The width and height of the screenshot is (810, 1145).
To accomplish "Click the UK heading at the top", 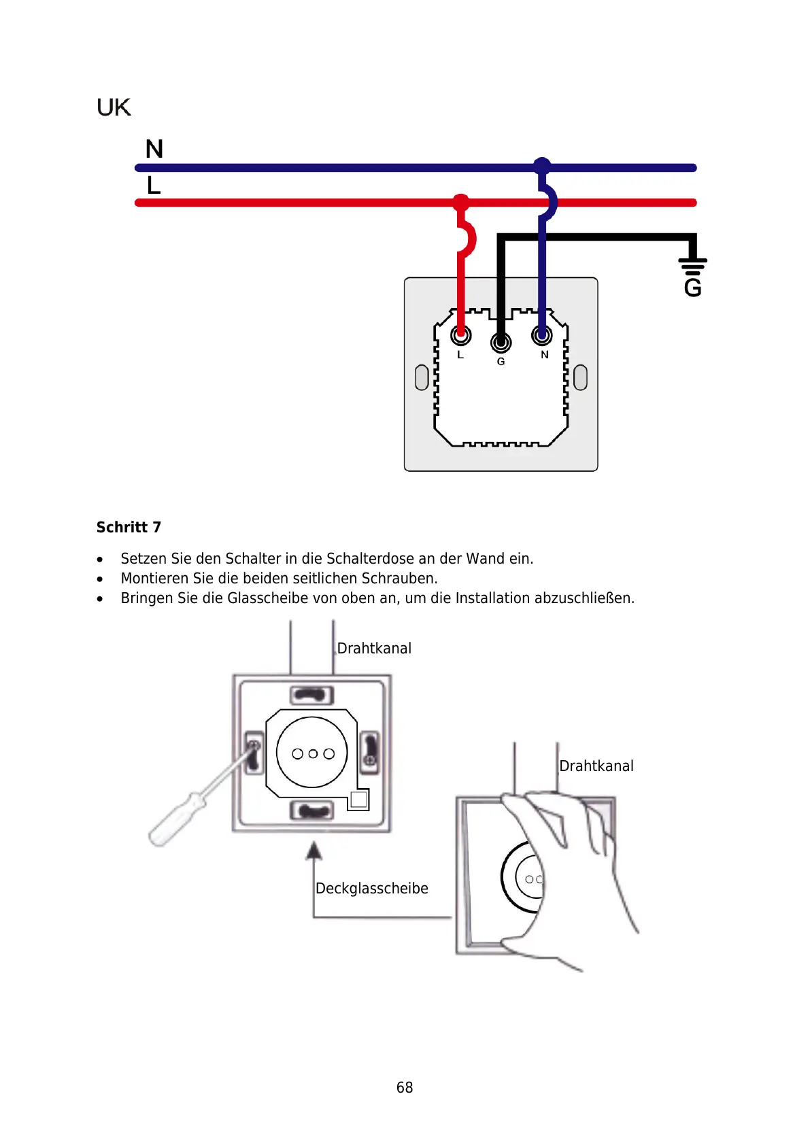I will [113, 107].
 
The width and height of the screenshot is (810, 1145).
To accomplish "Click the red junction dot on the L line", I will [461, 202].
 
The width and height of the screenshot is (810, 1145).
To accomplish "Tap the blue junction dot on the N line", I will [542, 166].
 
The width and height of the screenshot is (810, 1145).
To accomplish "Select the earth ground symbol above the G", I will [692, 267].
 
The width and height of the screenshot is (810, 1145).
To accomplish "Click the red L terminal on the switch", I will [461, 335].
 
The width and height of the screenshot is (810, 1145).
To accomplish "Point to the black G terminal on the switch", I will [501, 342].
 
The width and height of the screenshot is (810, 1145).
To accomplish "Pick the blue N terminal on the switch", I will [542, 335].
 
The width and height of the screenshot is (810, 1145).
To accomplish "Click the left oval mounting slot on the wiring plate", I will [422, 377].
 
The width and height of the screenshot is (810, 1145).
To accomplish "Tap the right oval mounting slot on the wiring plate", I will [580, 377].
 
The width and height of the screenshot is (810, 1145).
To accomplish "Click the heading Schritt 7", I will [129, 527].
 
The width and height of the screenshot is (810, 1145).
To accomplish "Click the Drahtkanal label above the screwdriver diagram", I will [374, 648].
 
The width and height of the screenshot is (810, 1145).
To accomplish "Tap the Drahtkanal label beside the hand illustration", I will [596, 766].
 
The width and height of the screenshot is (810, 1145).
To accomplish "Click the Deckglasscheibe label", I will [371, 888].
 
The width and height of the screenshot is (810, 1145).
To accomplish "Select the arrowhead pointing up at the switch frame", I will [314, 850].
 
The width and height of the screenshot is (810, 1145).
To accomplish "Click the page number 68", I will [405, 1087].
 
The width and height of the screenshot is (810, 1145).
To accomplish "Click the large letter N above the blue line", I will [154, 149].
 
